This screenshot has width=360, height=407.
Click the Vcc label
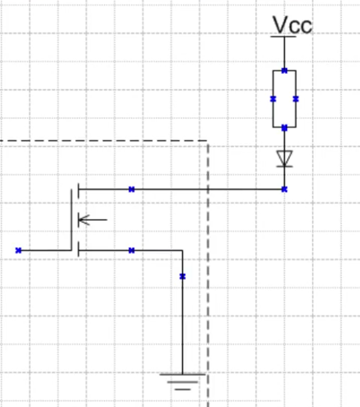292,24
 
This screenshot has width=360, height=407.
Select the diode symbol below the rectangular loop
285,158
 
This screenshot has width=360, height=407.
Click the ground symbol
183,379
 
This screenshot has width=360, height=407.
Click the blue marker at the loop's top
285,70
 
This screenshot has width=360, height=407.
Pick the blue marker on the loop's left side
273,99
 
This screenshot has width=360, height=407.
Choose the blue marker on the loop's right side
296,99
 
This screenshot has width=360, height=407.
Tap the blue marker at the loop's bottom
285,127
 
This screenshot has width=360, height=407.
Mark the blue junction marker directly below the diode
285,189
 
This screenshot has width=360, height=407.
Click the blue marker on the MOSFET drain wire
131,189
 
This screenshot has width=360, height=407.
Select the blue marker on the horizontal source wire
131,250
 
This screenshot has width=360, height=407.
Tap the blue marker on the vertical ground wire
183,276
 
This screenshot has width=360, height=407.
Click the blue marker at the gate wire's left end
18,249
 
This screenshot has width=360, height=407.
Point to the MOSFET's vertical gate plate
72,219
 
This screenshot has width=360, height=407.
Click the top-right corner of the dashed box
207,141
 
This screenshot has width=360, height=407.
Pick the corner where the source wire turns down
183,250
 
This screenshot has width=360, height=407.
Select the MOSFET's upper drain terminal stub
78,189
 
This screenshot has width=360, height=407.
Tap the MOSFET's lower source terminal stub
78,249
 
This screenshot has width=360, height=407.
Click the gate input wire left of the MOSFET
45,249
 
